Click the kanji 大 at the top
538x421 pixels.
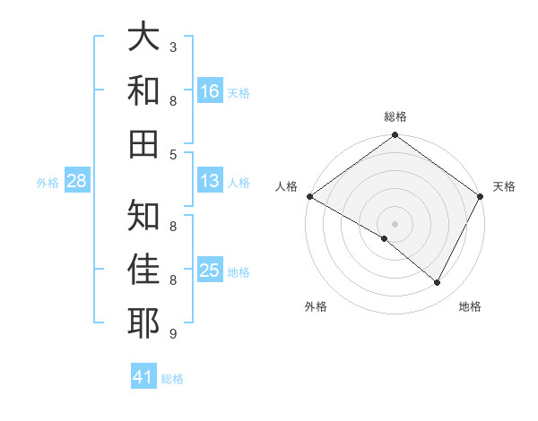click(x=144, y=38)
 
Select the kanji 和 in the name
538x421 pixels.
click(x=144, y=91)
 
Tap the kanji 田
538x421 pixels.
click(x=144, y=143)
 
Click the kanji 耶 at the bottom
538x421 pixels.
click(x=144, y=323)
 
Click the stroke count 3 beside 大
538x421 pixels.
click(x=173, y=47)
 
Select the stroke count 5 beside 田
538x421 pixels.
click(x=173, y=154)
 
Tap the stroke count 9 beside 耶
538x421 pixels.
click(x=173, y=334)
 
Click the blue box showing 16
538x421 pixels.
click(x=210, y=90)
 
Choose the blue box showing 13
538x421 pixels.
click(x=210, y=181)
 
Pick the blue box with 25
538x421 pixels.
click(x=210, y=271)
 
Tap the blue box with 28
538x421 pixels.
click(x=77, y=182)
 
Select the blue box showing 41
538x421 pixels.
click(x=143, y=377)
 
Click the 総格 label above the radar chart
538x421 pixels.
click(x=395, y=117)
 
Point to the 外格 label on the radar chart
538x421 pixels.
click(x=316, y=306)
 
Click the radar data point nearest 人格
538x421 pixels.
click(x=309, y=196)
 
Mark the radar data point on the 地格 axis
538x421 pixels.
click(x=438, y=283)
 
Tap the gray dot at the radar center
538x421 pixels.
click(x=395, y=223)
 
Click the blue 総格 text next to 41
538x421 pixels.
click(x=172, y=379)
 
